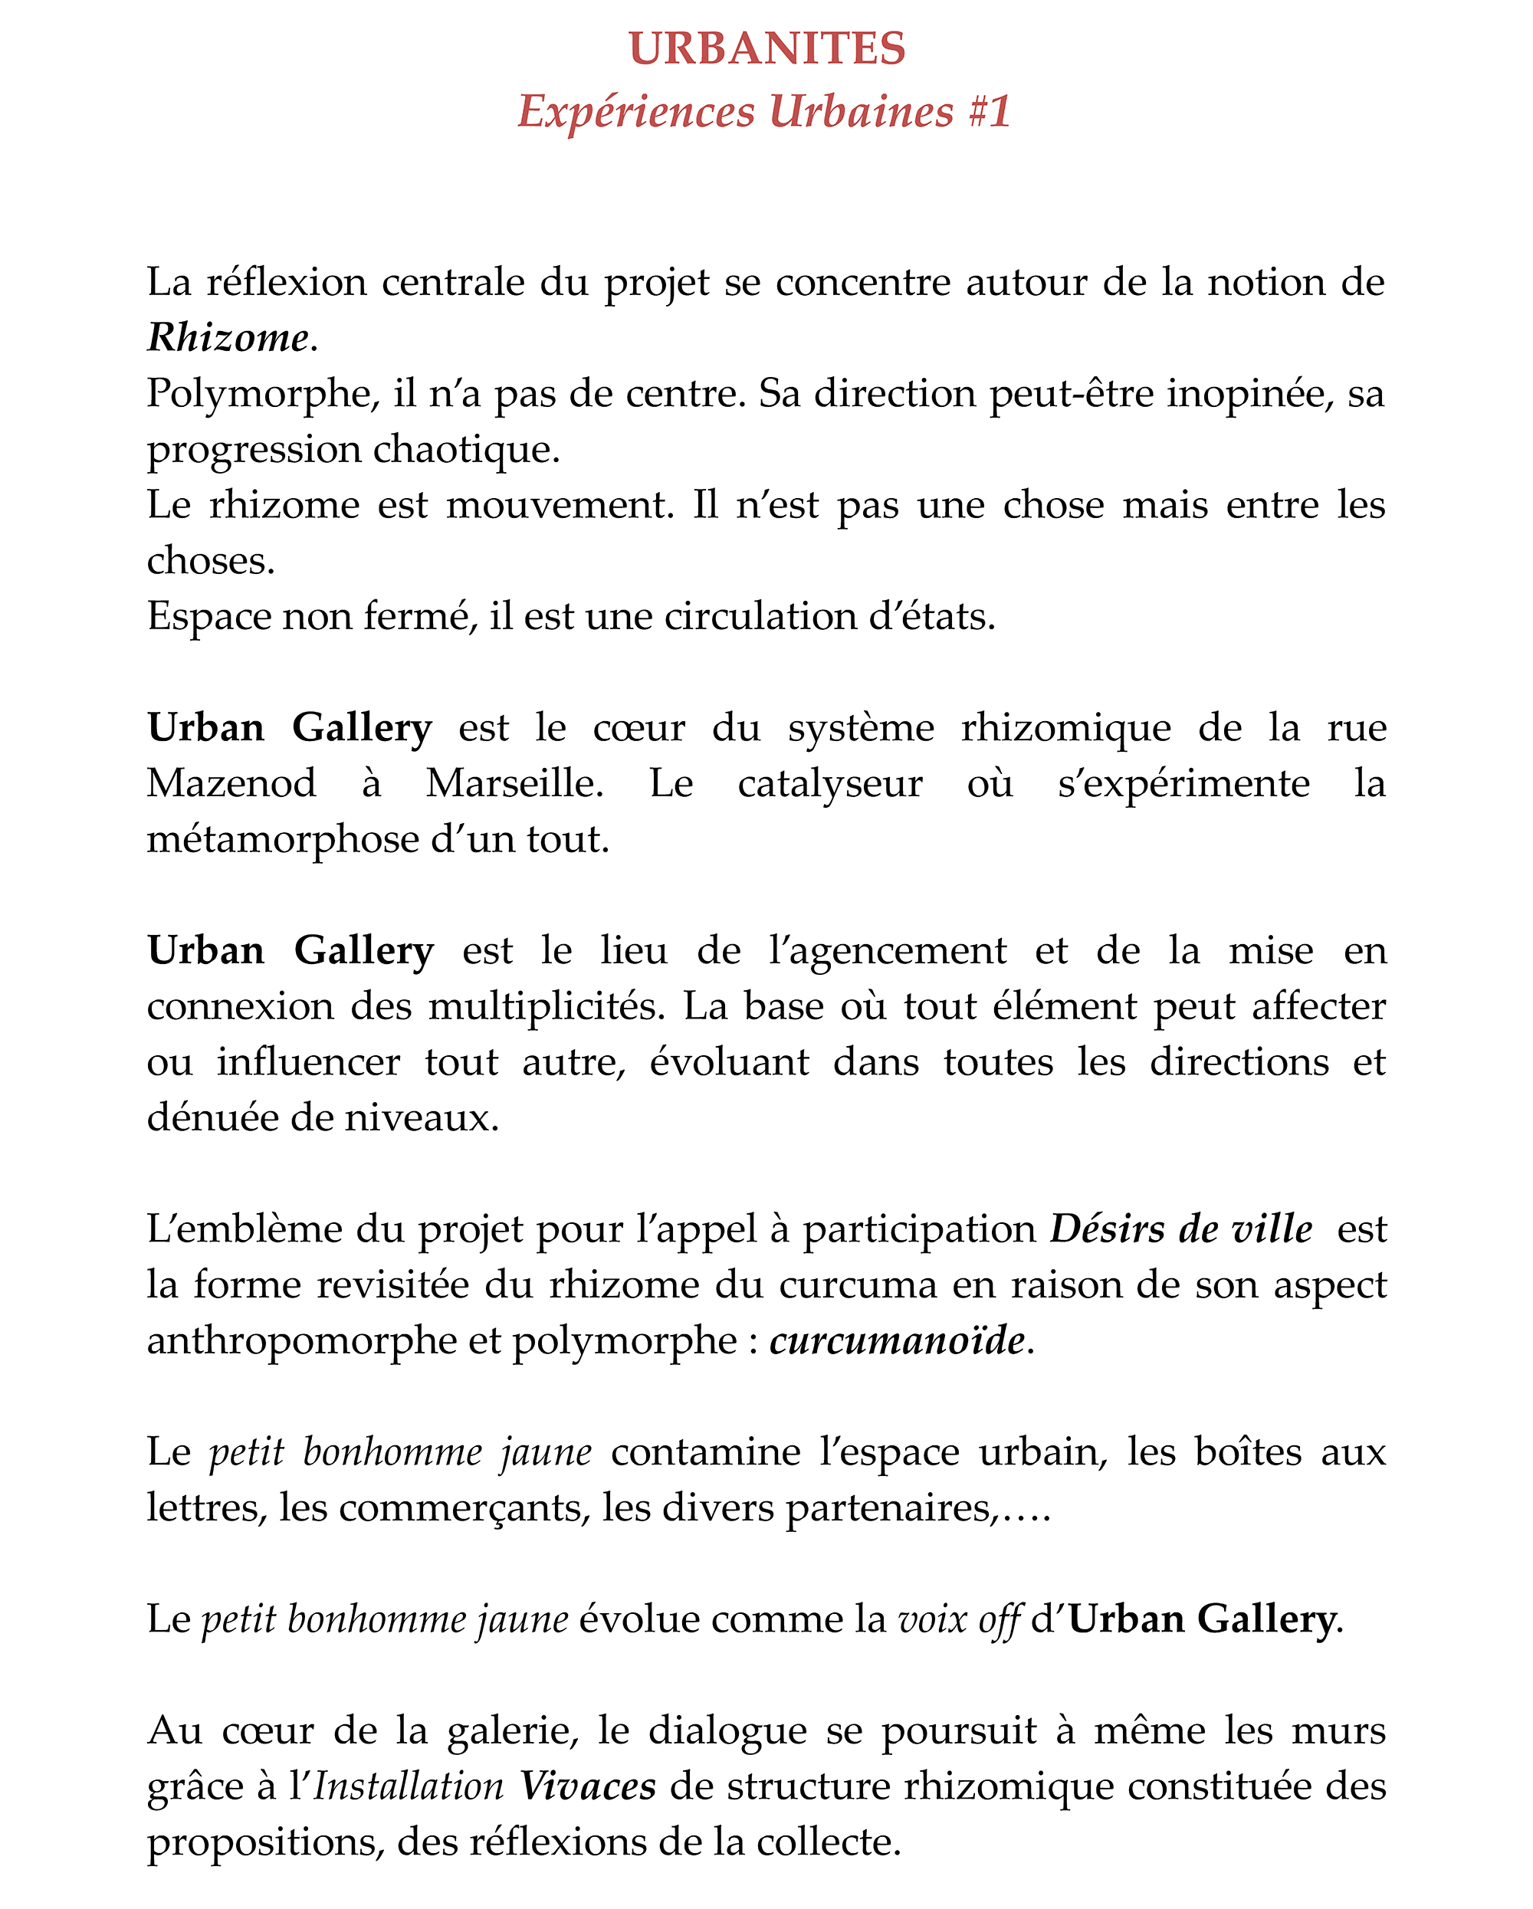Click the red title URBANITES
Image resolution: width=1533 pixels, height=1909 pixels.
(x=767, y=49)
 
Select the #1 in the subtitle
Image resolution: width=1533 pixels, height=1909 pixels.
(x=990, y=112)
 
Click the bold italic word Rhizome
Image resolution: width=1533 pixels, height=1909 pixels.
(x=228, y=337)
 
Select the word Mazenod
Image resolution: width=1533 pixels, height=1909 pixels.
(x=231, y=782)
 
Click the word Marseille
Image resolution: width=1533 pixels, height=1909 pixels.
(x=514, y=782)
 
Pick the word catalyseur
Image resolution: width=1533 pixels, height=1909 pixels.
(x=830, y=782)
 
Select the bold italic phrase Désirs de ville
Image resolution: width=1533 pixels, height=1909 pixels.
(x=1180, y=1229)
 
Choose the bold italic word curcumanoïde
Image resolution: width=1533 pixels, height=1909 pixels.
(x=897, y=1340)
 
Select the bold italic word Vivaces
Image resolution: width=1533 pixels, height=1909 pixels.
(x=588, y=1787)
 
